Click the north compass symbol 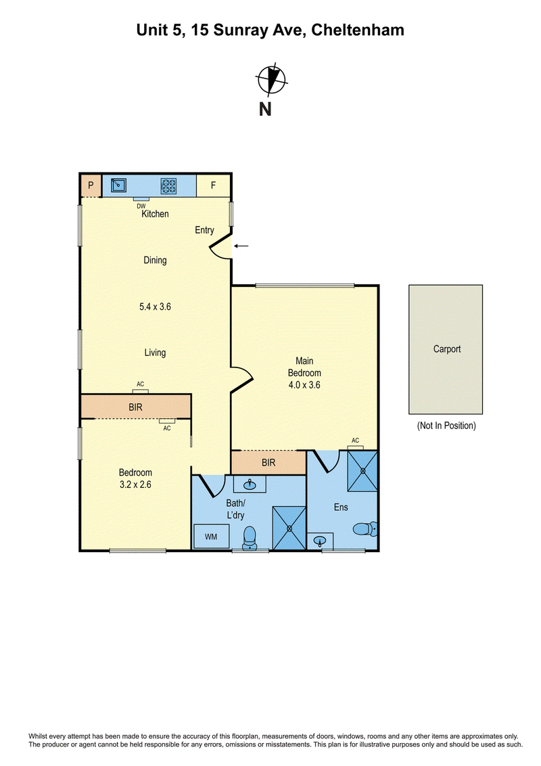pos(271,79)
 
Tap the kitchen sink pos(118,185)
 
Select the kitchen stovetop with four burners pos(168,185)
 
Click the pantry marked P pos(91,185)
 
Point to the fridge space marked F pos(214,185)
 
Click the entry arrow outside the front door pos(241,246)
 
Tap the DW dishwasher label pos(141,206)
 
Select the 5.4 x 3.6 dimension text pos(155,307)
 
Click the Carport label pos(447,348)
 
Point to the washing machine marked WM pos(211,537)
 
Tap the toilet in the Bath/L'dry pos(250,538)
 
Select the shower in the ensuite pos(362,471)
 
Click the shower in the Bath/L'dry pos(289,528)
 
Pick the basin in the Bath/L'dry pos(250,485)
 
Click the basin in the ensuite pos(320,541)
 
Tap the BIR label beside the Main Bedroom pos(268,463)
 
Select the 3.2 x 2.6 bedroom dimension pos(135,485)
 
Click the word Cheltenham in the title pos(358,30)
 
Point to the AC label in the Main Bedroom pos(356,441)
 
